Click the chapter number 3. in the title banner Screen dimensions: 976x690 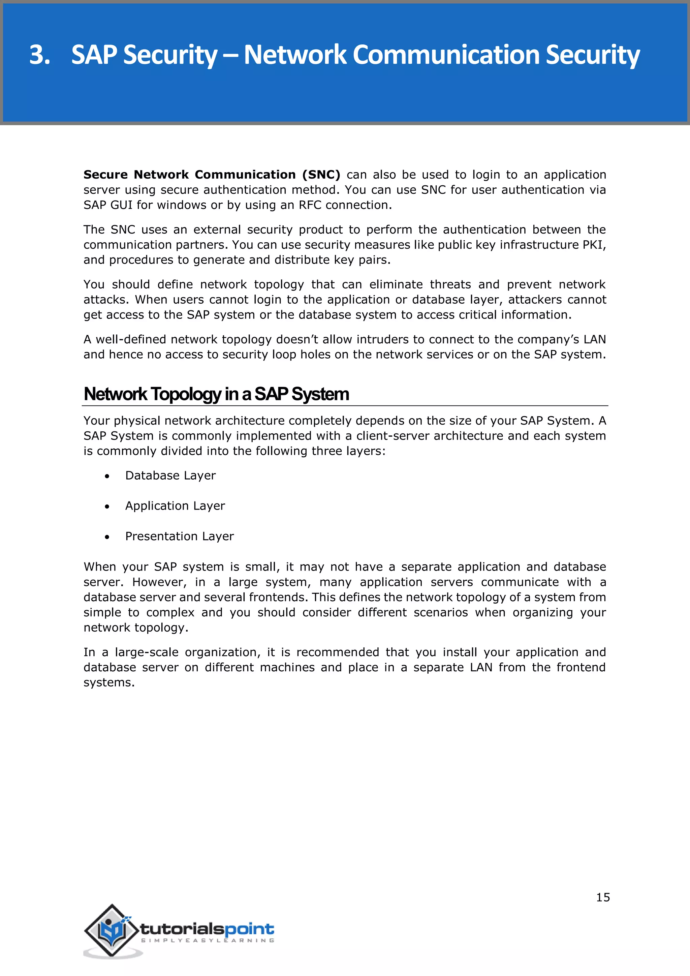[39, 55]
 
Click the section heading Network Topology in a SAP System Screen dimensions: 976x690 [216, 394]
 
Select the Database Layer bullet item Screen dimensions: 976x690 [170, 476]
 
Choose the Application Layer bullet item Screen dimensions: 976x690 [175, 506]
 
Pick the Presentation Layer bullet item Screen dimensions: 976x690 [179, 537]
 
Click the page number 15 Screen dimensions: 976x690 [602, 897]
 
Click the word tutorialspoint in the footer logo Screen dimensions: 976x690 [207, 929]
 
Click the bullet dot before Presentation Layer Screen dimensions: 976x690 [107, 537]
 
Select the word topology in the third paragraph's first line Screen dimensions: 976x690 [280, 285]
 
